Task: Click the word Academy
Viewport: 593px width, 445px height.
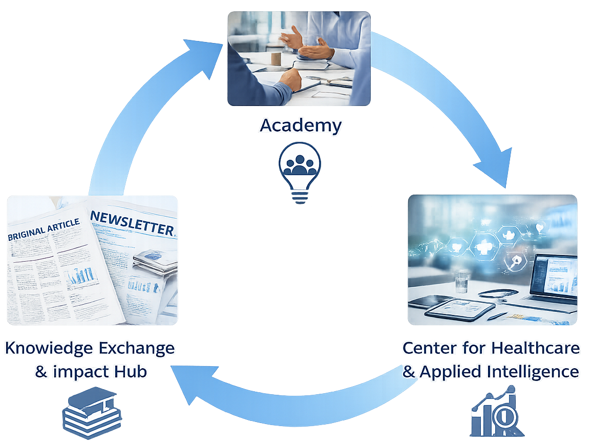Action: click(300, 125)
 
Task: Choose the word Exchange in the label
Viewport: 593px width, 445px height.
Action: click(135, 348)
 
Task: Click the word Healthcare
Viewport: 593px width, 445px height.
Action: click(536, 348)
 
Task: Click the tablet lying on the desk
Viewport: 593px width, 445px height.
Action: click(450, 310)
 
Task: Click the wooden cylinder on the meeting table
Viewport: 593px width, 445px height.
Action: click(276, 57)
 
